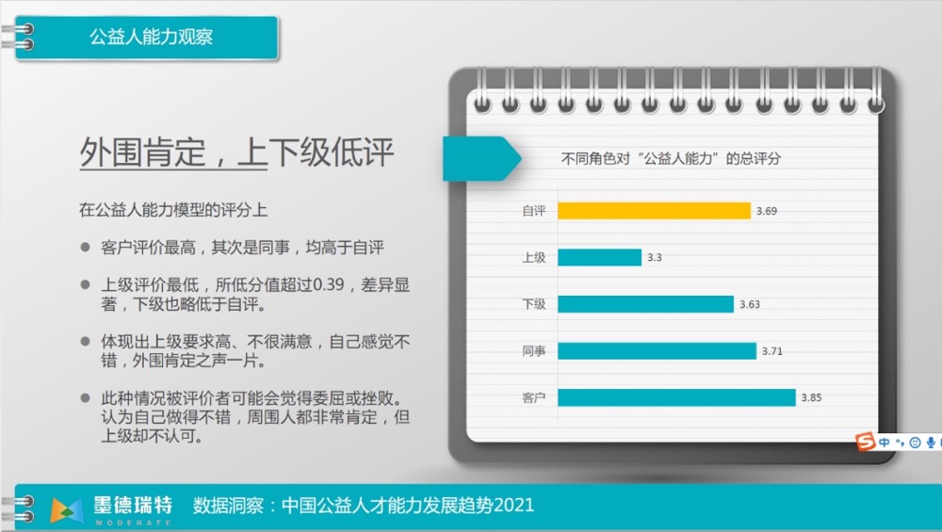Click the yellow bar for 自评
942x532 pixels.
655,211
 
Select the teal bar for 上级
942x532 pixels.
599,258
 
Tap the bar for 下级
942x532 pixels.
646,304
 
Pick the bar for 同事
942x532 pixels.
658,350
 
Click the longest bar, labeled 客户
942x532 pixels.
677,397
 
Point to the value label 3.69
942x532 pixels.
767,211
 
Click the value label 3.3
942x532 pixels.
655,258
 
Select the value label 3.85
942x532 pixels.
811,397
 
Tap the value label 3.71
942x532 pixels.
772,351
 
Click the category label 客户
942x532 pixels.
533,397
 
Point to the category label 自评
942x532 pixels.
533,211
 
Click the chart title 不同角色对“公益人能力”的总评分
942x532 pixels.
671,158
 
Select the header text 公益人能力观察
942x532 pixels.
151,37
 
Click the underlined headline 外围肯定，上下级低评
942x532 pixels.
236,153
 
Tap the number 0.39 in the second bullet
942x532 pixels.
328,284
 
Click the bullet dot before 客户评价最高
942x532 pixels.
86,247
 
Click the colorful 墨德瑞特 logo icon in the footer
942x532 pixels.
67,510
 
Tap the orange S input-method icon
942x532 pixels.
865,442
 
